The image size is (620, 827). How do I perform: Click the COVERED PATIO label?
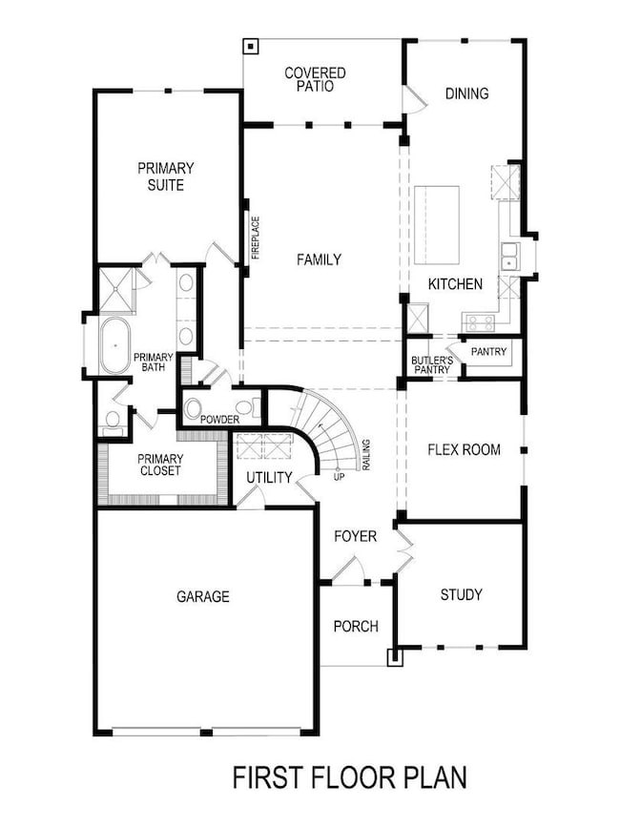click(x=315, y=79)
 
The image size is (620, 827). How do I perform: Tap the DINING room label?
click(x=466, y=93)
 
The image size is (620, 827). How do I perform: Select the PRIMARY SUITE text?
click(x=166, y=176)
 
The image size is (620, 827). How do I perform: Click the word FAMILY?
click(x=319, y=259)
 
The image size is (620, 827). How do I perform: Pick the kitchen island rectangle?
click(x=436, y=226)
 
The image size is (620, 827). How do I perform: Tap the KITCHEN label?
click(x=455, y=284)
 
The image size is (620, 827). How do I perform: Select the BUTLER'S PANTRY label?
click(x=428, y=364)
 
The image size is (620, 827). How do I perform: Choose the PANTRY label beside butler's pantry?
click(x=488, y=353)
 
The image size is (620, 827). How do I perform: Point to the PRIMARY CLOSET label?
click(x=160, y=465)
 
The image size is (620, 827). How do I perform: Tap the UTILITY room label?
click(x=269, y=477)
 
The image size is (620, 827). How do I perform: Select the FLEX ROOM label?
click(x=464, y=449)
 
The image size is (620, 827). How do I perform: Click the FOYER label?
click(x=355, y=537)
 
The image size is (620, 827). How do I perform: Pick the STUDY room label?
click(x=461, y=595)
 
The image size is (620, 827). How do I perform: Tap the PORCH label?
click(x=356, y=627)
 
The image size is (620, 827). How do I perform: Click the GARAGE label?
click(x=202, y=597)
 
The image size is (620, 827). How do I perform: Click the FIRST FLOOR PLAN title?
click(x=350, y=777)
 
